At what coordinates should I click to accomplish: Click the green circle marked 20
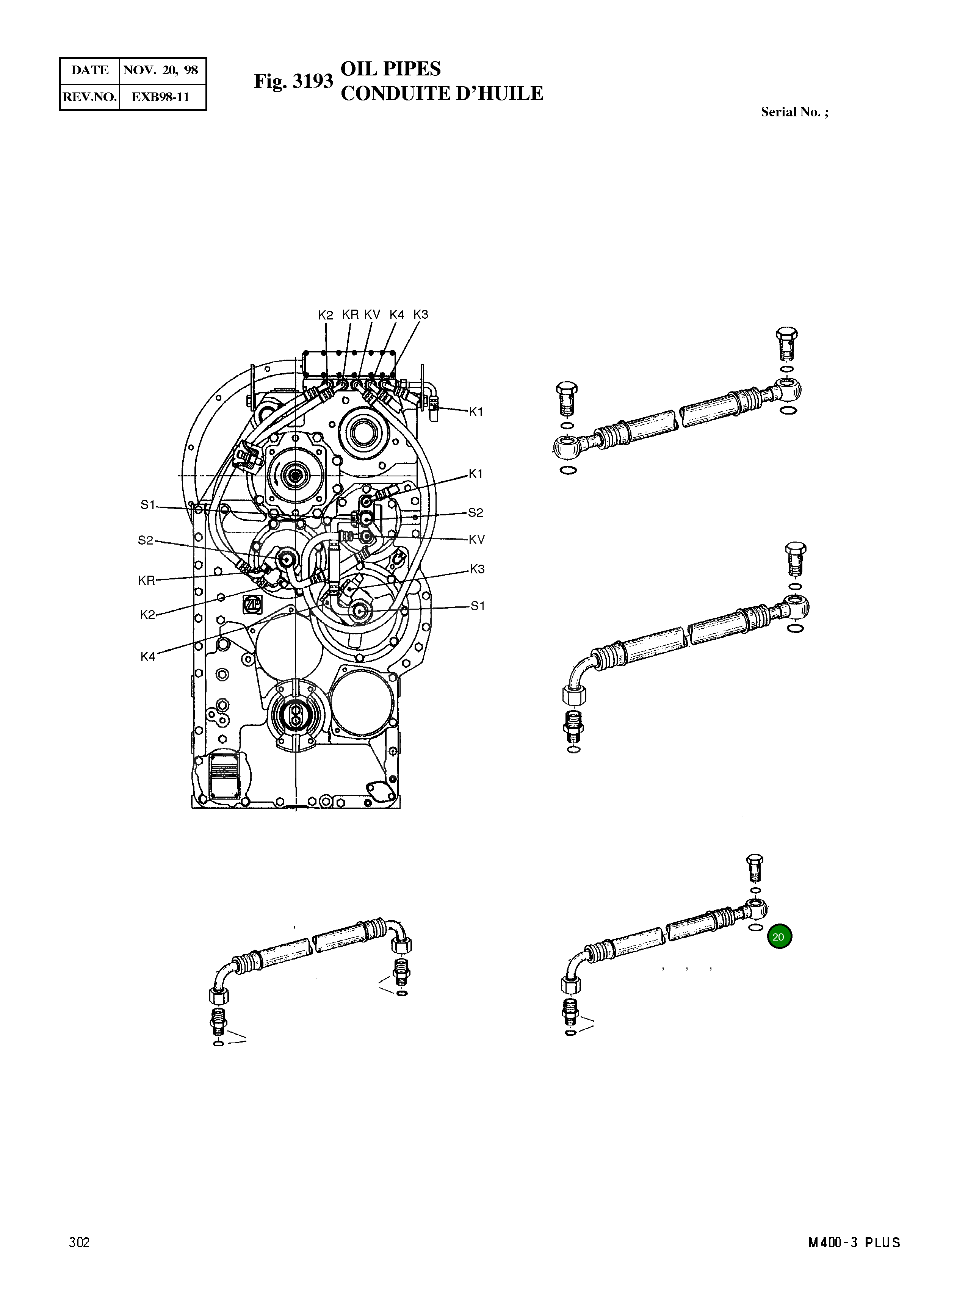(x=779, y=937)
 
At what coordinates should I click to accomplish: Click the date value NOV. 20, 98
(x=161, y=70)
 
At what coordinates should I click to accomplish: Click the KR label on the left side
(x=147, y=581)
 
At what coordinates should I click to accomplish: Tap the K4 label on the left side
(x=148, y=656)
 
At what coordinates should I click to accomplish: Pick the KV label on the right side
(x=476, y=539)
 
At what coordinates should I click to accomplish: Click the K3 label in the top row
(x=421, y=315)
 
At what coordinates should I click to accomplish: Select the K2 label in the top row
(x=326, y=315)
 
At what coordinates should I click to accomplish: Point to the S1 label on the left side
(x=148, y=505)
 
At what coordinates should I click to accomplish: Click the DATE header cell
(x=90, y=70)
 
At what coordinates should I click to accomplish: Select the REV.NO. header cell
(x=90, y=97)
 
